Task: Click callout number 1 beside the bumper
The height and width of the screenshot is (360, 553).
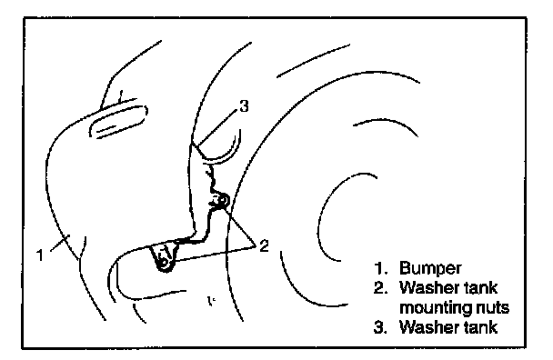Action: point(41,255)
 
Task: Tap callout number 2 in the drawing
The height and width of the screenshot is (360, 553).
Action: point(264,245)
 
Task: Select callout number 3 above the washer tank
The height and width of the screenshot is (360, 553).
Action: point(244,105)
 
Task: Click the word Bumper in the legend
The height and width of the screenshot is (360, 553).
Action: point(430,269)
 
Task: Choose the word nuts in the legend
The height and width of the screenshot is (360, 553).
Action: point(492,308)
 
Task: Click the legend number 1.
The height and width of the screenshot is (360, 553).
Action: point(381,268)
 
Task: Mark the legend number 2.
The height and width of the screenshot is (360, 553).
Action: point(381,287)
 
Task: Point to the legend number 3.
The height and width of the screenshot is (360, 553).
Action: point(381,327)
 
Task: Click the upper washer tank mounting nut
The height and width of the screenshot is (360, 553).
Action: point(222,201)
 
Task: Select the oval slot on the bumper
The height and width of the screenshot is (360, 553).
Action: point(118,121)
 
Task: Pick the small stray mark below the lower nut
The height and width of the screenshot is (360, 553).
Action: point(211,301)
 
